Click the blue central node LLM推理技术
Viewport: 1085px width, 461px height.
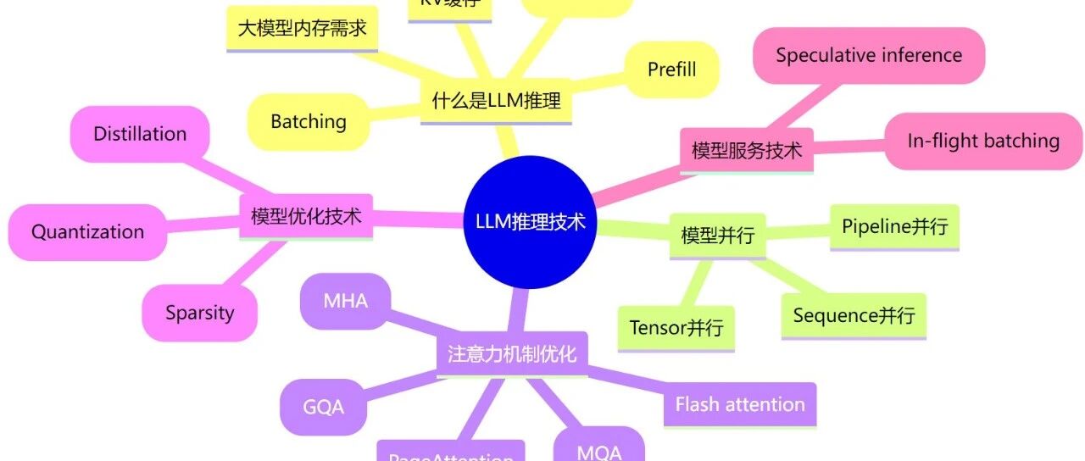click(529, 222)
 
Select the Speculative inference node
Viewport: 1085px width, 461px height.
click(868, 56)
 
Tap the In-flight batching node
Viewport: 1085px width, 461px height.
click(983, 141)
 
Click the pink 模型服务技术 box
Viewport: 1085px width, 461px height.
click(747, 151)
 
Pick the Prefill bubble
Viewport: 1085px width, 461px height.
click(671, 69)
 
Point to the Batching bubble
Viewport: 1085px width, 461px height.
click(309, 121)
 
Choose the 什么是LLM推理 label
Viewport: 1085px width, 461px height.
click(496, 103)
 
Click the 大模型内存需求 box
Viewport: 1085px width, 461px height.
click(302, 29)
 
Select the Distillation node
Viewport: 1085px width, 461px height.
click(140, 134)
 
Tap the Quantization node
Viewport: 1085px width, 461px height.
click(87, 231)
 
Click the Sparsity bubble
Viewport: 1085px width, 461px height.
click(199, 313)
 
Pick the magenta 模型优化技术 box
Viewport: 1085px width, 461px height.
click(306, 217)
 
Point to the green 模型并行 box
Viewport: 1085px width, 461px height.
click(717, 235)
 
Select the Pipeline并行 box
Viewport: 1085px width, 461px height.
click(894, 227)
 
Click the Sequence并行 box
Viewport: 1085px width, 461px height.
click(854, 316)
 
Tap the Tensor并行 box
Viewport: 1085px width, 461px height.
click(676, 327)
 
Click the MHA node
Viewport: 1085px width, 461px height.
click(345, 300)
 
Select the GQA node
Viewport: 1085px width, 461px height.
click(324, 407)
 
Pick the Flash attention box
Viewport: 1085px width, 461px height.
click(740, 404)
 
